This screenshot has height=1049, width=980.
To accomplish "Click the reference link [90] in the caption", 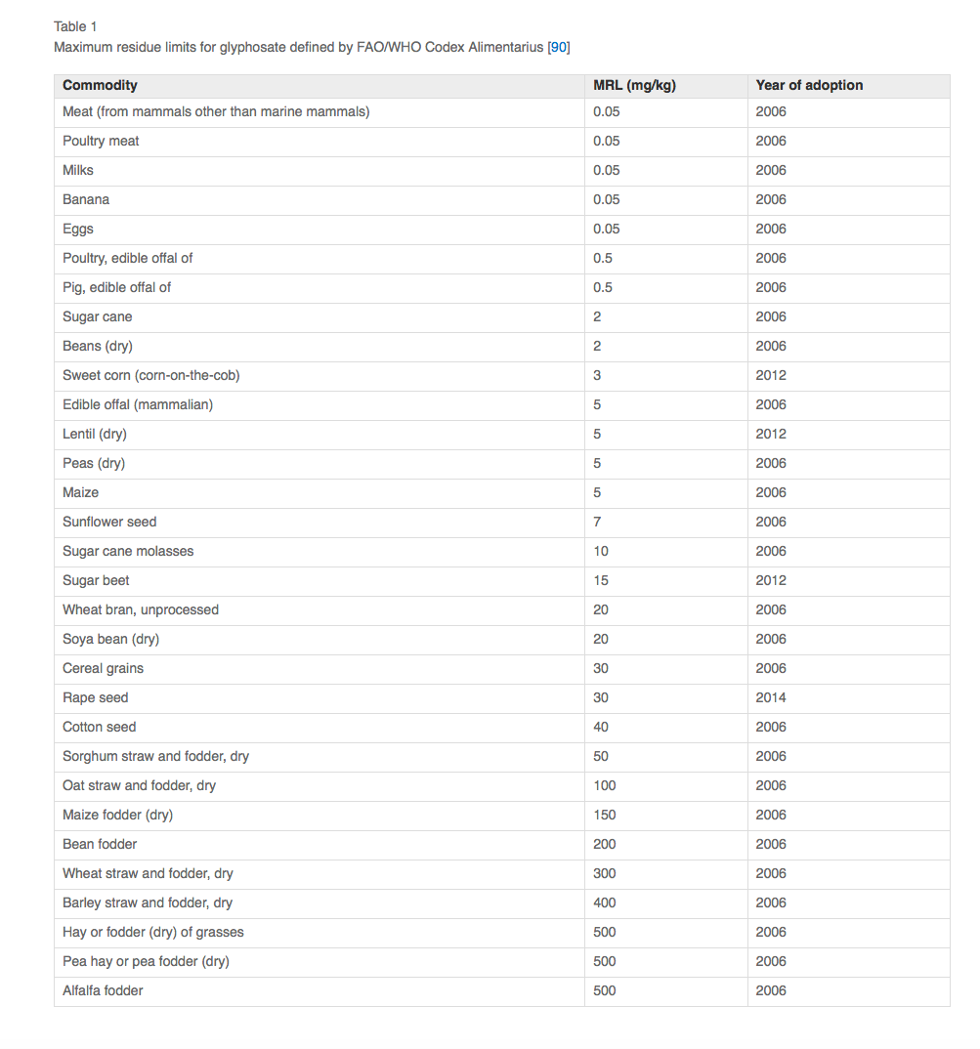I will (559, 47).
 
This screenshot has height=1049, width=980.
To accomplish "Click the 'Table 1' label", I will (75, 26).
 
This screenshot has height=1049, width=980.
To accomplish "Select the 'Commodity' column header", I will (100, 85).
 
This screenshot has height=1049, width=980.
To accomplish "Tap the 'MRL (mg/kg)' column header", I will (634, 85).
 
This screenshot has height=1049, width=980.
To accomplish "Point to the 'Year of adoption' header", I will (809, 85).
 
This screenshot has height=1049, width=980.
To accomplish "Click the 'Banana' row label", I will (86, 199).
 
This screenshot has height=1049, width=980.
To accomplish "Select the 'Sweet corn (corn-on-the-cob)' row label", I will (150, 375).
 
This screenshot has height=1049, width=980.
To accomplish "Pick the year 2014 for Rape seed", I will (771, 697).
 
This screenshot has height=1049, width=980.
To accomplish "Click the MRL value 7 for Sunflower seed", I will (597, 522).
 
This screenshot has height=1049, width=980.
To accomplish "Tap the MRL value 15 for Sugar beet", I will (601, 580).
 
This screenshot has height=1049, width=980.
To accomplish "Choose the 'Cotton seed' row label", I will (99, 727).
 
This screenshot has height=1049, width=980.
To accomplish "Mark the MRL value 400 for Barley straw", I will (605, 902).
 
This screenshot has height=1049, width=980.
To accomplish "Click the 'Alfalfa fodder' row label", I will (103, 990).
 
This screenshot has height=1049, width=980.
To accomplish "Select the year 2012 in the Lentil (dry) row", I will (771, 434).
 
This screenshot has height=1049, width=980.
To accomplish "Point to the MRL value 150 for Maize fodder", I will (605, 815).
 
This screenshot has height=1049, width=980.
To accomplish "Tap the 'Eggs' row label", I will (78, 229).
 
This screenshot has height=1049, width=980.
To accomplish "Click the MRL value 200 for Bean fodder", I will (605, 844).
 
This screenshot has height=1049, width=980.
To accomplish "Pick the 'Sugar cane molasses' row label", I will (128, 551).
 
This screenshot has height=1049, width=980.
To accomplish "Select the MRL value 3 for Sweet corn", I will (597, 375).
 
